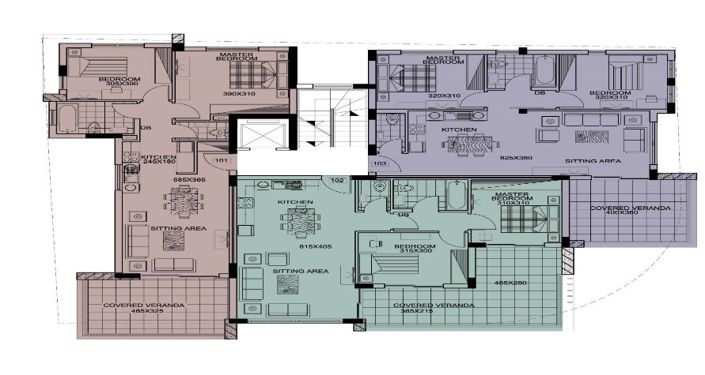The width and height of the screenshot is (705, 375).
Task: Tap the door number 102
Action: pos(338,181)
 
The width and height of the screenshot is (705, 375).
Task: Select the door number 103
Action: pos(378,161)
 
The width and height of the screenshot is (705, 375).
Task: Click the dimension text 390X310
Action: pos(240,93)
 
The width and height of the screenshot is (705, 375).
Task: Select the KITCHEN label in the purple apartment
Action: pos(460,130)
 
